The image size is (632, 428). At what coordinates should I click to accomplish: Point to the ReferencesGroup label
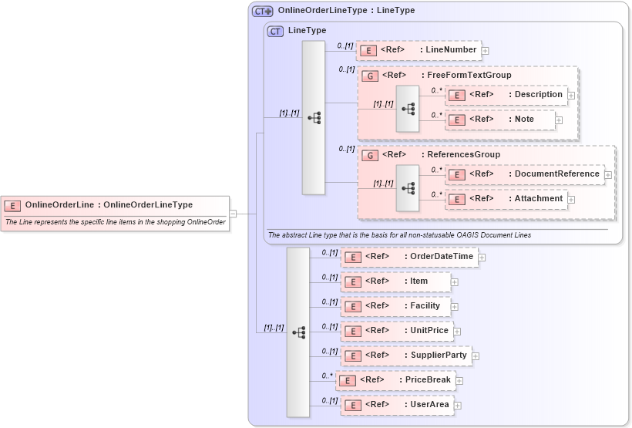pos(463,154)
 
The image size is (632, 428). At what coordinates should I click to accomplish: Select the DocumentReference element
pos(525,174)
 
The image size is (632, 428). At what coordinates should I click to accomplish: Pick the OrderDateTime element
pos(409,257)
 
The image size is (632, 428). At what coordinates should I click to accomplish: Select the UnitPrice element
pos(396,331)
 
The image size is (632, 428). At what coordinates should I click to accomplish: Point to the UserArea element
pos(396,405)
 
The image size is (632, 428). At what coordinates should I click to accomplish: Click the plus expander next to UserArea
pos(457,406)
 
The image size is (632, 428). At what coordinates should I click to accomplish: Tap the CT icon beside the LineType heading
pos(275,31)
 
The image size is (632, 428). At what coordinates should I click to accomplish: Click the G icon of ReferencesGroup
pos(370,155)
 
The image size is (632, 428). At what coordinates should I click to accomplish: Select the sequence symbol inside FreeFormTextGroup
pos(408,109)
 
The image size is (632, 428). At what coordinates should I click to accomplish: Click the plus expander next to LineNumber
pos(486,51)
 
